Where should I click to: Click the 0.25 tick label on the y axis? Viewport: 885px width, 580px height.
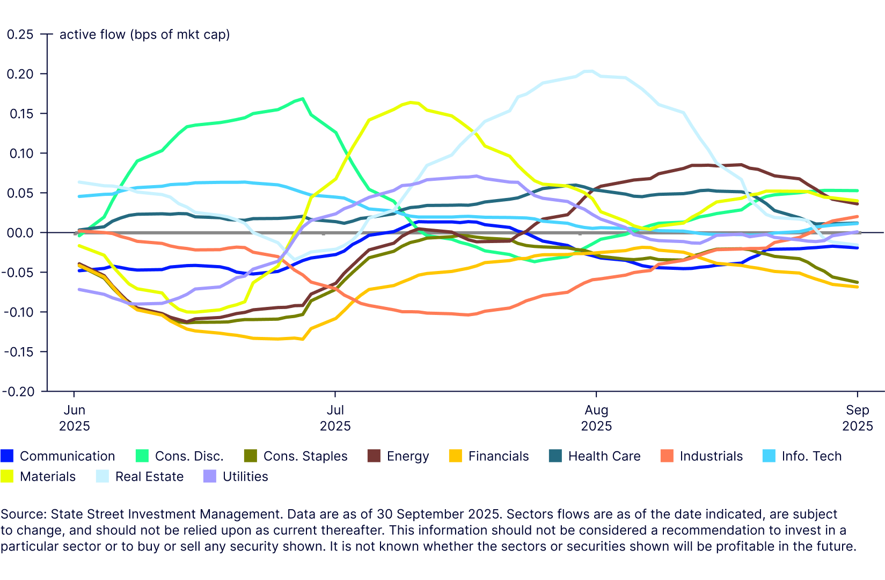[x=20, y=34]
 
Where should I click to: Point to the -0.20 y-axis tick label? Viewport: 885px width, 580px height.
[x=18, y=392]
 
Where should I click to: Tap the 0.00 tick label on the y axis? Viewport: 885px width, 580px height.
[x=20, y=233]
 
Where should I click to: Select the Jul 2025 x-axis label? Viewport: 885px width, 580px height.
[x=335, y=418]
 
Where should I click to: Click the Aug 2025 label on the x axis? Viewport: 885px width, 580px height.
[x=596, y=418]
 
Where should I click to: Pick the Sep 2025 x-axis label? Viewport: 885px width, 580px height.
[x=857, y=418]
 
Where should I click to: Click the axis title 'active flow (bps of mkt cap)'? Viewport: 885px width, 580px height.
[x=144, y=34]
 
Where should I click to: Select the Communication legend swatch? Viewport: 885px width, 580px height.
[x=6, y=456]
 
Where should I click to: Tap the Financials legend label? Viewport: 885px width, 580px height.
[x=498, y=456]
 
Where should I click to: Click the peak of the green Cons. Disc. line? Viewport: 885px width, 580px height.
[x=303, y=98]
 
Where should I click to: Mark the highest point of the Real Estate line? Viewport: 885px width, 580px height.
[x=588, y=71]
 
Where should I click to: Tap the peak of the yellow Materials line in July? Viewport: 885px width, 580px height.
[x=411, y=102]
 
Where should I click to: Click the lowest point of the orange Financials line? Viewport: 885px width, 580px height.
[x=303, y=339]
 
